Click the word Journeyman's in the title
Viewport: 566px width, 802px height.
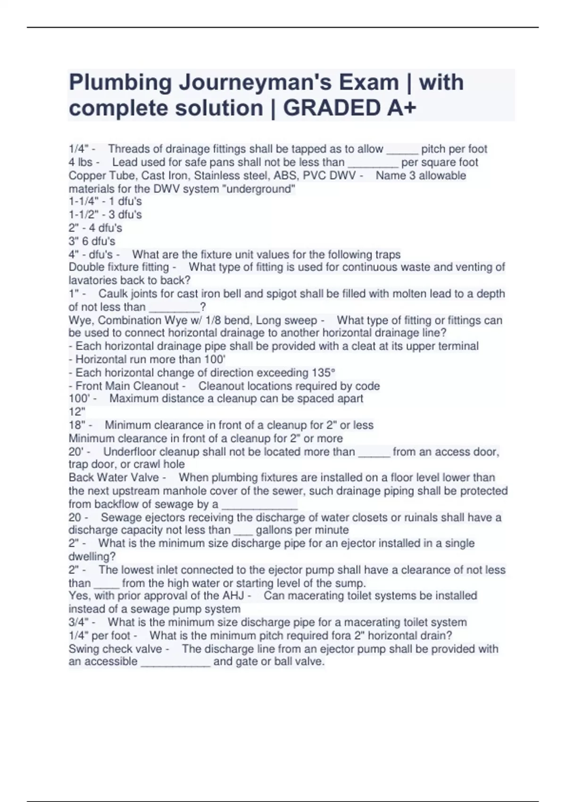pos(289,83)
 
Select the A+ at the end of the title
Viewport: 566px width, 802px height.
pos(402,108)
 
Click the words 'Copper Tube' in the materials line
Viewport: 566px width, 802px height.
pos(97,175)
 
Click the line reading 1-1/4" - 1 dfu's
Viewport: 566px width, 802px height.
pos(105,201)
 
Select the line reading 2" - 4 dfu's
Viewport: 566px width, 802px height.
pos(95,228)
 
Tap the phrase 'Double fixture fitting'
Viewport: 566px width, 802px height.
pos(119,267)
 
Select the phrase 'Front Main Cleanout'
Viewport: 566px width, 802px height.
pos(127,386)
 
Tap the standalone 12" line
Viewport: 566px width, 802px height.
pos(77,412)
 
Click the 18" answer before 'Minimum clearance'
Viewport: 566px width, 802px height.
pos(77,425)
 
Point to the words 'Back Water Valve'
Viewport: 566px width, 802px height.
pos(114,477)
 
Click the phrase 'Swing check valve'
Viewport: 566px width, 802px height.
pos(116,649)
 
